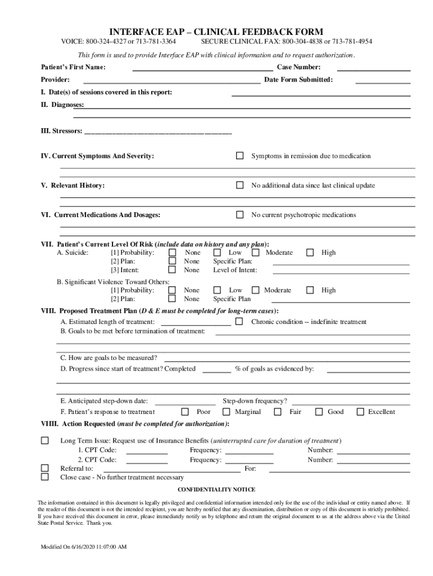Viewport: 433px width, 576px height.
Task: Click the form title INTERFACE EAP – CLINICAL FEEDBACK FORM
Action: coord(216,31)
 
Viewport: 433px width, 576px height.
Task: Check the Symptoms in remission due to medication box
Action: coord(240,156)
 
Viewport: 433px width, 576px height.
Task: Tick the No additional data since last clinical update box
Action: coord(240,185)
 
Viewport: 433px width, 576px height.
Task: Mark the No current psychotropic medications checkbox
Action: coord(240,215)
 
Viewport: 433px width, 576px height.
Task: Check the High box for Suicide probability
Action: coord(310,253)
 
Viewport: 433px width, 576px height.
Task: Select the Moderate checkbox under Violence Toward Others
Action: coord(255,290)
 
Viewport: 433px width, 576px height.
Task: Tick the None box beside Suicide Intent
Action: coord(173,270)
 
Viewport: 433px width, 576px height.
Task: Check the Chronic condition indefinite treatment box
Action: coord(239,322)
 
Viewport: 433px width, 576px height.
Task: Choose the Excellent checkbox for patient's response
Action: coord(360,412)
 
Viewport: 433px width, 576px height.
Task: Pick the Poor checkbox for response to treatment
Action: coord(184,412)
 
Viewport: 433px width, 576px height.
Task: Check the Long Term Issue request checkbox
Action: coord(45,440)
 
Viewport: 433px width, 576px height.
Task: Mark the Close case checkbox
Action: coord(45,477)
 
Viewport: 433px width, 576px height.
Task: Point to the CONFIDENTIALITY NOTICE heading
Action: coord(216,489)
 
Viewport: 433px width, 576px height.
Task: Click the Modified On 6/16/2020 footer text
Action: coord(83,547)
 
